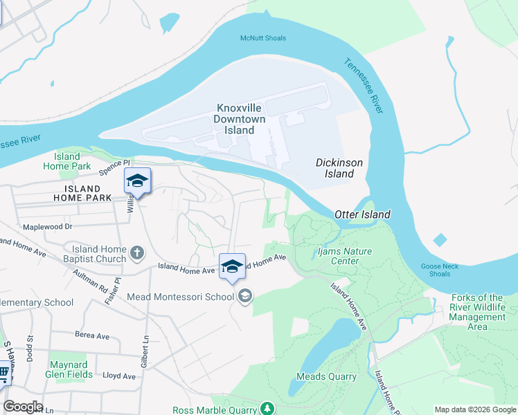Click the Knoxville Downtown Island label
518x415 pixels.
(240, 119)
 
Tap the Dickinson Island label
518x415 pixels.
(339, 168)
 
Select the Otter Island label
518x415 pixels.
(364, 214)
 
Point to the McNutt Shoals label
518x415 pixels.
(262, 38)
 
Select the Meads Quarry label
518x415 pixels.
(326, 377)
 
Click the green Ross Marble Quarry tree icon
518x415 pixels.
(264, 409)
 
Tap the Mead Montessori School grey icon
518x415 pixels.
(244, 297)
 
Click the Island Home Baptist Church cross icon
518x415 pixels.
(137, 253)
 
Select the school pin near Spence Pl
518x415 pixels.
(137, 181)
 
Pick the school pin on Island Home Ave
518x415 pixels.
(232, 266)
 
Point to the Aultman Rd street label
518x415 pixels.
(93, 279)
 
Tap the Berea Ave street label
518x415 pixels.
(93, 336)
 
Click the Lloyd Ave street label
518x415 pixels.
(119, 376)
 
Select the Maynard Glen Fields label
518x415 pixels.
(68, 369)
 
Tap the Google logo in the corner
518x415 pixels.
(23, 407)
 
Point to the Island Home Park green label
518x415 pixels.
(67, 161)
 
